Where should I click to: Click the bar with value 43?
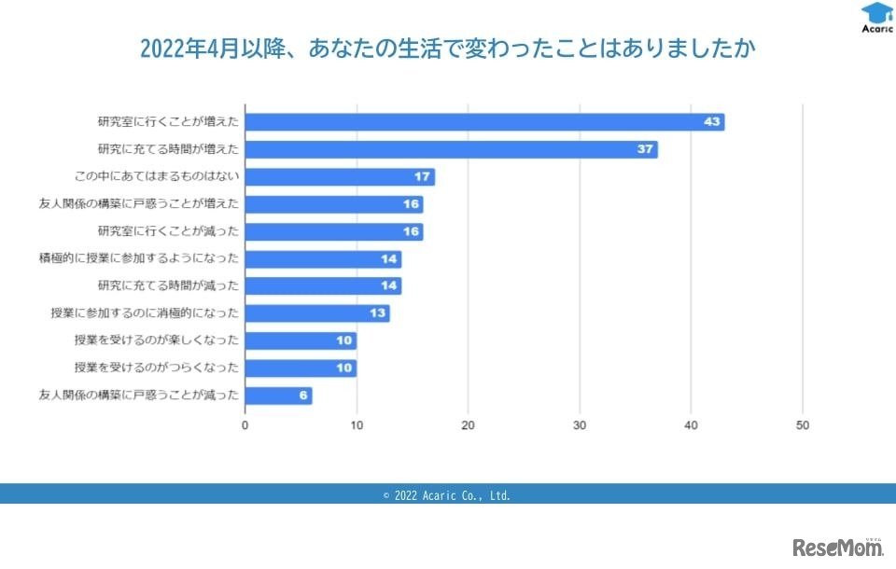point(484,122)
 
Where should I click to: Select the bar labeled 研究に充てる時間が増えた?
point(451,149)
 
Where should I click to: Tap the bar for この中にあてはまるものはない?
point(340,177)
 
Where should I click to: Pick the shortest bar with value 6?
point(278,396)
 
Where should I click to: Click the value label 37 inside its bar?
point(645,149)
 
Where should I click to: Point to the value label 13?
point(378,313)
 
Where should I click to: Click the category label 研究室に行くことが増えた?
point(168,122)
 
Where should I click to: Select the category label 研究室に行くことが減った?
point(168,231)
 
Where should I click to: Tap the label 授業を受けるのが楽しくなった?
point(156,340)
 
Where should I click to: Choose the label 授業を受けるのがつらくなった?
point(156,368)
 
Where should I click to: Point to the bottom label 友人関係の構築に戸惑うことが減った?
point(138,396)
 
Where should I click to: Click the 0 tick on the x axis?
point(245,425)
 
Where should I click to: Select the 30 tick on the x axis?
point(580,425)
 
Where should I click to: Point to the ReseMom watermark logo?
point(837,546)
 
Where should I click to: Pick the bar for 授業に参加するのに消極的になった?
point(317,313)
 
